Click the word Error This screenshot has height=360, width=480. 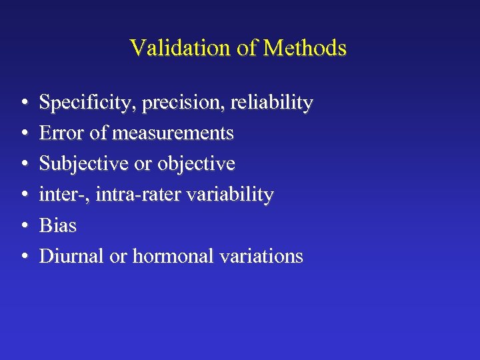click(61, 133)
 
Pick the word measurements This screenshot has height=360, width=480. click(173, 134)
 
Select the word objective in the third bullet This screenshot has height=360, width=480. click(196, 165)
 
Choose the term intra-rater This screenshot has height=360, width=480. click(137, 195)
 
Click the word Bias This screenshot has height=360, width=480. click(58, 225)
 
